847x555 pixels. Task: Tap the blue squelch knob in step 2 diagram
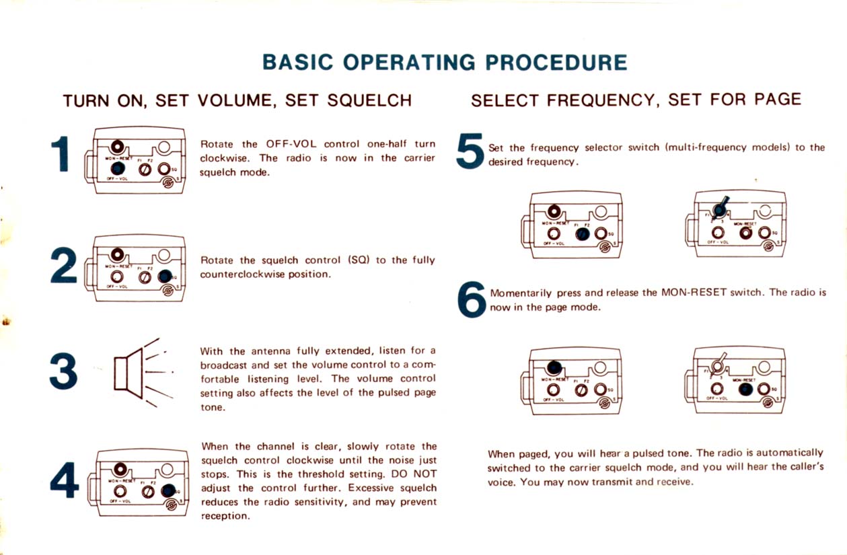(164, 276)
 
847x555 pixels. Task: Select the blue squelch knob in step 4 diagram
(168, 492)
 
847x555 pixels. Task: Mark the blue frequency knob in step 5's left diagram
(582, 233)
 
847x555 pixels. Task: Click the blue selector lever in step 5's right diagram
(721, 207)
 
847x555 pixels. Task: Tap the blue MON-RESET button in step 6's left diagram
(554, 367)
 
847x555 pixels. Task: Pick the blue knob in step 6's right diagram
(745, 389)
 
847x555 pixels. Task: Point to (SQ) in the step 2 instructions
(358, 260)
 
